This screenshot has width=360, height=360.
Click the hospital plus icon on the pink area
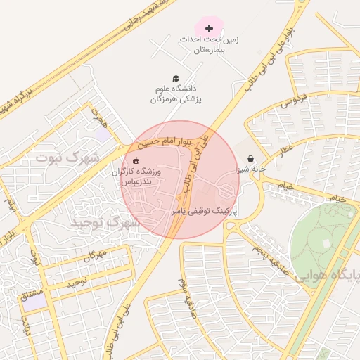209,28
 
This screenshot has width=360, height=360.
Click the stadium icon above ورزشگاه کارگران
136,160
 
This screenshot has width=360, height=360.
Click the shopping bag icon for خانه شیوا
250,159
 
